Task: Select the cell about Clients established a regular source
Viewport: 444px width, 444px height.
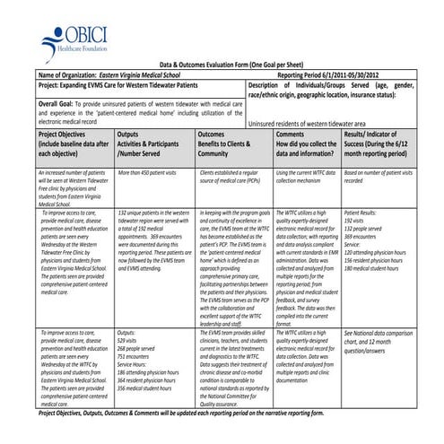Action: click(232, 175)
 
